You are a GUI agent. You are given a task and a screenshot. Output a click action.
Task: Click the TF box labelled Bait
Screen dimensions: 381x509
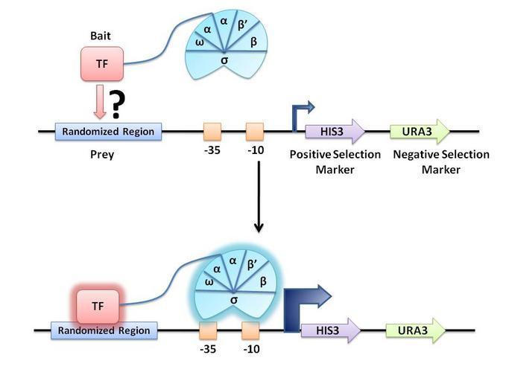pyautogui.click(x=101, y=63)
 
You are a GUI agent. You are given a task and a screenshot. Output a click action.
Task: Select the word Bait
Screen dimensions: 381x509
pyautogui.click(x=101, y=36)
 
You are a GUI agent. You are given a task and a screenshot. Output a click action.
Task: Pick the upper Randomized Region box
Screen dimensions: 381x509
pyautogui.click(x=108, y=132)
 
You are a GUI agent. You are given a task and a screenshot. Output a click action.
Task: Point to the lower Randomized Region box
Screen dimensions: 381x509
pyautogui.click(x=104, y=330)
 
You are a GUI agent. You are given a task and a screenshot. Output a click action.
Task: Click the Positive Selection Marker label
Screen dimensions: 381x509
pyautogui.click(x=335, y=161)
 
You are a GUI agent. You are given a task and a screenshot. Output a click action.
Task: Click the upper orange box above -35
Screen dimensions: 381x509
pyautogui.click(x=213, y=132)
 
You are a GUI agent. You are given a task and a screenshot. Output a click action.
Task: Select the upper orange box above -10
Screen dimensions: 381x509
pyautogui.click(x=256, y=132)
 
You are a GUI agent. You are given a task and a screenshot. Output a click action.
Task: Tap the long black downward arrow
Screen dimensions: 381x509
pyautogui.click(x=259, y=193)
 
